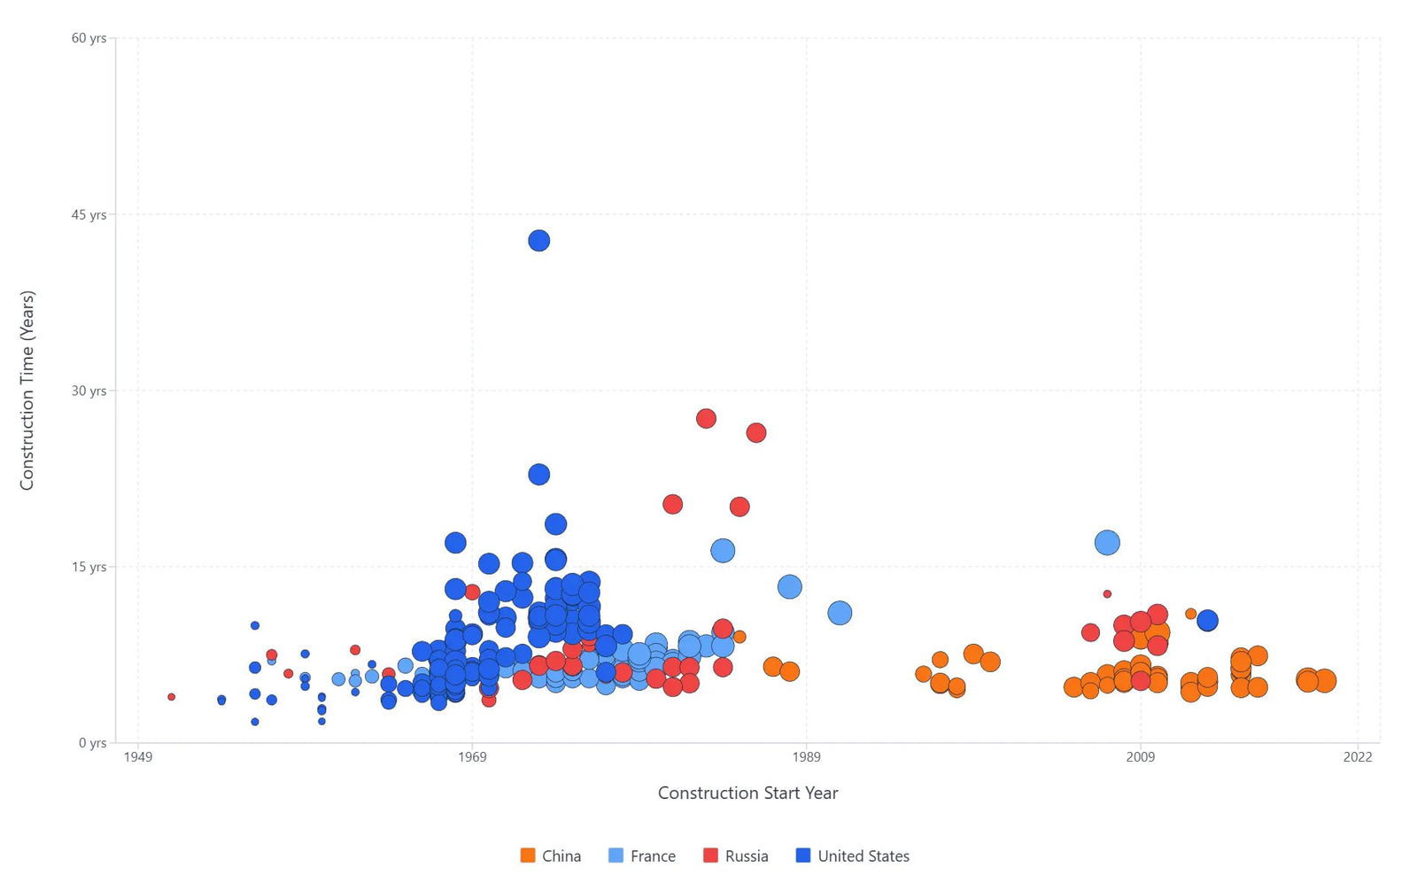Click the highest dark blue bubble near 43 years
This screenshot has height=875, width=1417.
point(538,240)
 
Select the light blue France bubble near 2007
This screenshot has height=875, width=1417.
point(1107,542)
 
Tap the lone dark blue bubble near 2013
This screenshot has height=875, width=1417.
point(1207,621)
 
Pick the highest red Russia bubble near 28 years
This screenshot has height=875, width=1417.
point(706,418)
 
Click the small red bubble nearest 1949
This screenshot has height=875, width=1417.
point(171,697)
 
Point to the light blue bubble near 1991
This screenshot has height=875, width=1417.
point(840,613)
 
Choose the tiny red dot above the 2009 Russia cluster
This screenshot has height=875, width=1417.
point(1107,593)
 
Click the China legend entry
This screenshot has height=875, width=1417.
point(551,856)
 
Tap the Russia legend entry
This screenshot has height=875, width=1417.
point(736,856)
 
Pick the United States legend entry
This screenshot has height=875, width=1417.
point(853,856)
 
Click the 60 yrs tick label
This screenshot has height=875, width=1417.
point(89,38)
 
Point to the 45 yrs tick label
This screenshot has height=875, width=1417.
point(89,214)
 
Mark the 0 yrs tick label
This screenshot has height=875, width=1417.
point(92,743)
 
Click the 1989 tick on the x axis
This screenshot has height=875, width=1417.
point(806,756)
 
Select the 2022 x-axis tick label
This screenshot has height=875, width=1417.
point(1358,756)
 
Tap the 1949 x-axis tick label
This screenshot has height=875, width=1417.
point(138,756)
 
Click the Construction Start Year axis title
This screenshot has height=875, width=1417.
point(747,793)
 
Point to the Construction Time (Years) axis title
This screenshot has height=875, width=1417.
point(27,390)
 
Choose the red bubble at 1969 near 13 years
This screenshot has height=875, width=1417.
point(472,592)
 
